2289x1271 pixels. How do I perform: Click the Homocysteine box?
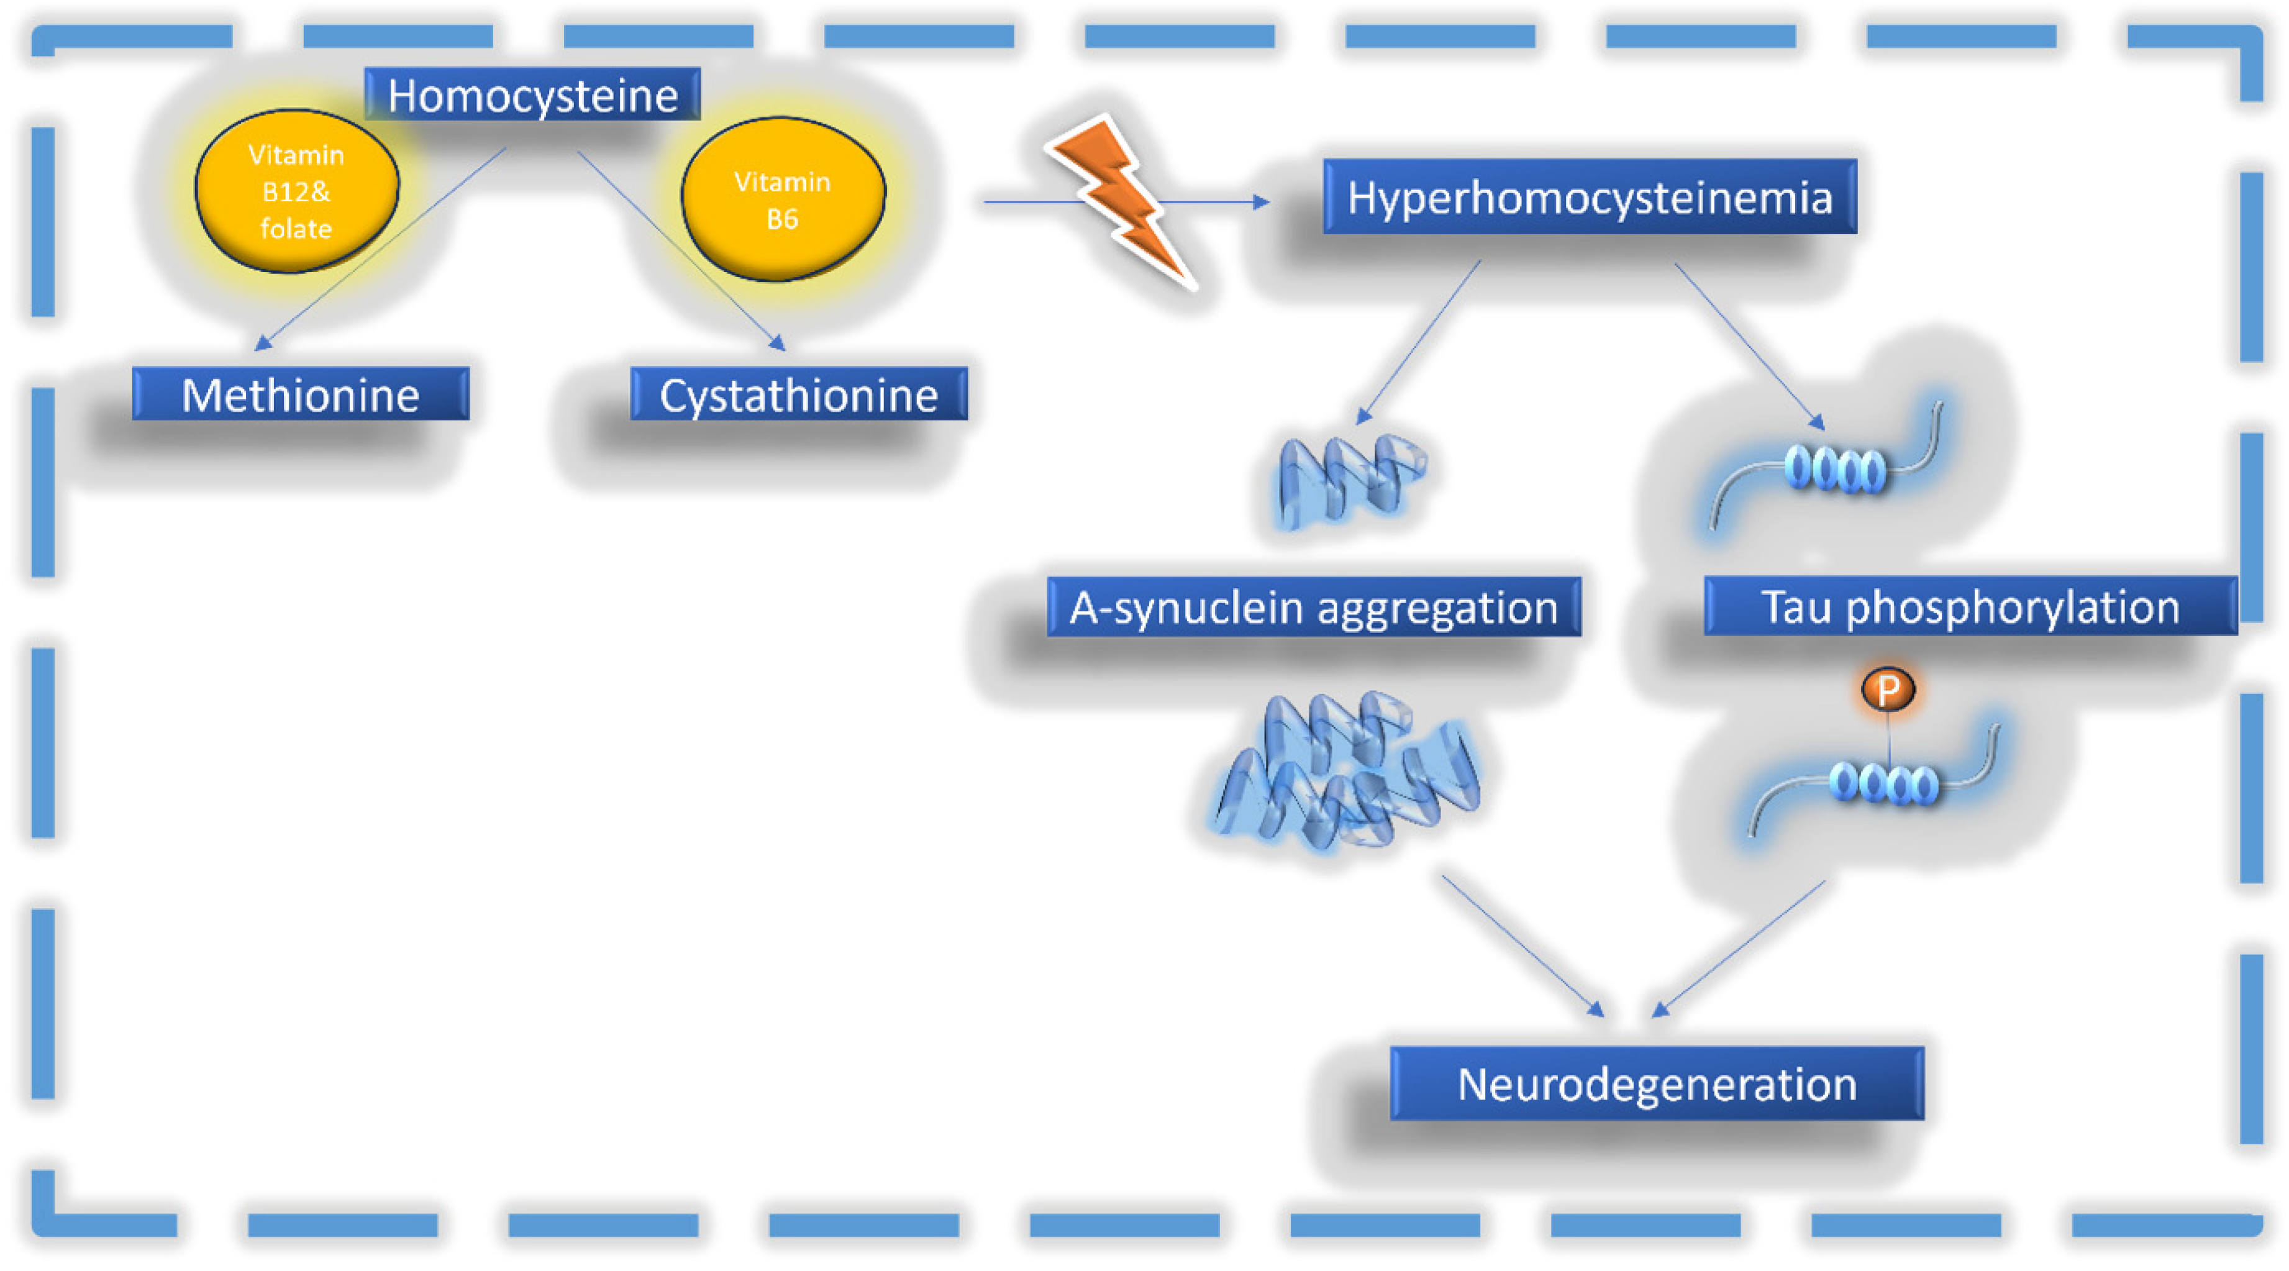(532, 94)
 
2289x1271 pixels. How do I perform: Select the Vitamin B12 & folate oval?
(297, 191)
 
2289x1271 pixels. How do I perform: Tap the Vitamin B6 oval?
(783, 199)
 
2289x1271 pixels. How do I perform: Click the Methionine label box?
(301, 394)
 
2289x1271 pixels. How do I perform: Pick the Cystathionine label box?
(798, 394)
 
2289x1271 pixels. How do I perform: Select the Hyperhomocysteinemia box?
(1589, 196)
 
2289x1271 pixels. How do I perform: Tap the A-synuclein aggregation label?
(1313, 607)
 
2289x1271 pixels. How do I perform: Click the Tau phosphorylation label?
(1970, 606)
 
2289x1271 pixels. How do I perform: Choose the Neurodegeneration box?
(1656, 1083)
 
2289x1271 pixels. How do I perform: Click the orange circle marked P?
(1887, 689)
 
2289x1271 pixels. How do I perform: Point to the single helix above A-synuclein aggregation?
(1349, 480)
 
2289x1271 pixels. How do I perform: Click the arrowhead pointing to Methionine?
(263, 342)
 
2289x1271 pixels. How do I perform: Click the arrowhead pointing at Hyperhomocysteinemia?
(1261, 203)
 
